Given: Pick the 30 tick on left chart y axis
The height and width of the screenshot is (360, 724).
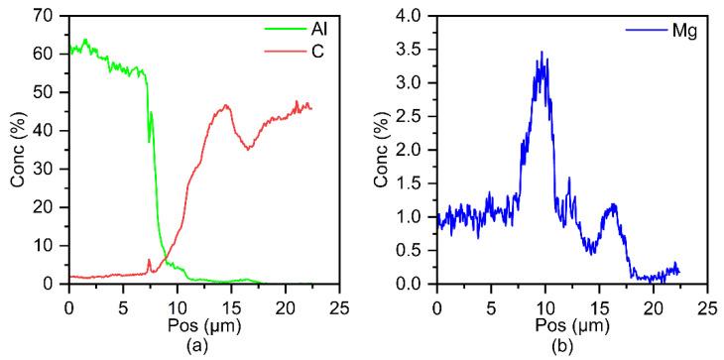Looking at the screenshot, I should (48, 169).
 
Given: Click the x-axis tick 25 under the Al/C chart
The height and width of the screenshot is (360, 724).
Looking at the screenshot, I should (338, 300).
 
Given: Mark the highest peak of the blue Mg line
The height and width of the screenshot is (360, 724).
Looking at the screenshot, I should (542, 52).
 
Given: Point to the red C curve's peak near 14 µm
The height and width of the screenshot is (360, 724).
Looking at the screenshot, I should (226, 105).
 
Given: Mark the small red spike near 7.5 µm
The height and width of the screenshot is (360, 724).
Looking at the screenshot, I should (149, 260).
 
